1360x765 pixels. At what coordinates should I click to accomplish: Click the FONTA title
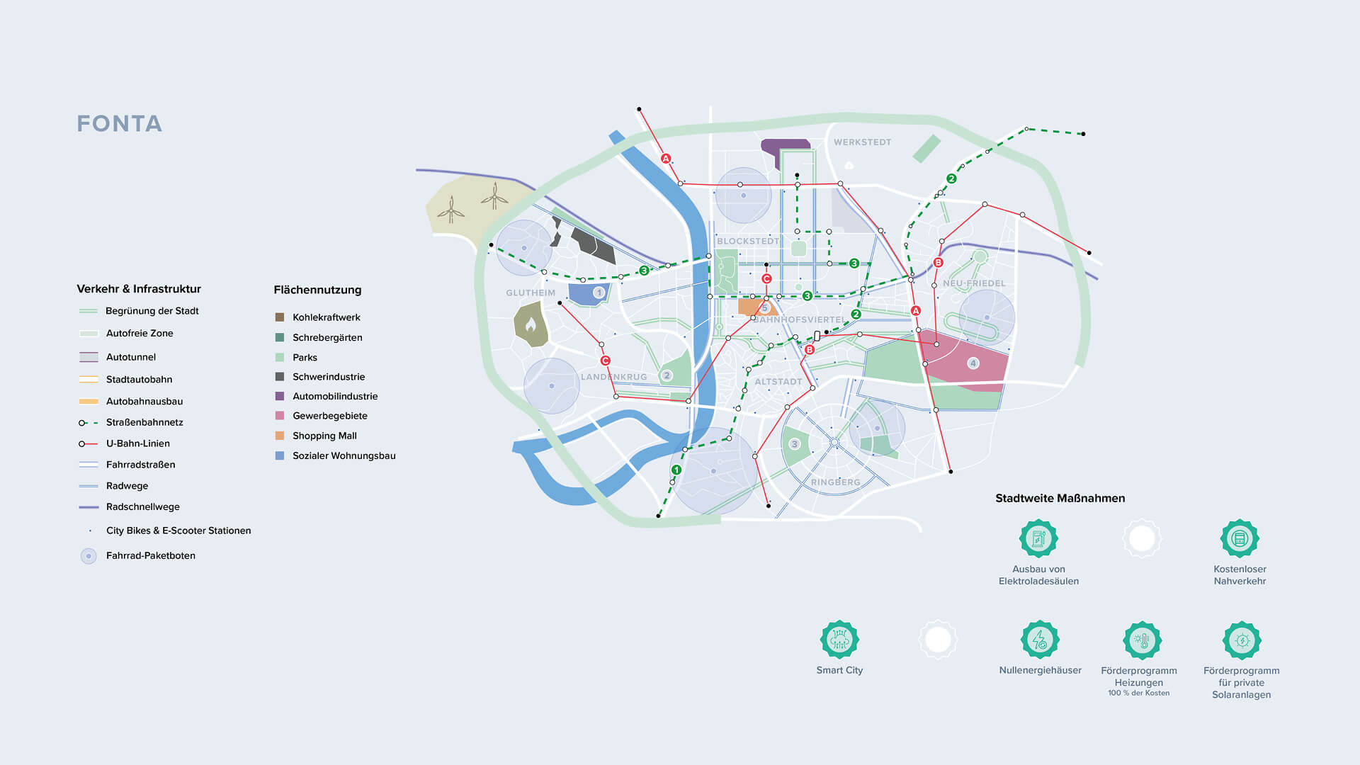pyautogui.click(x=120, y=124)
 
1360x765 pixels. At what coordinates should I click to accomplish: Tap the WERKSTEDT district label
pyautogui.click(x=862, y=142)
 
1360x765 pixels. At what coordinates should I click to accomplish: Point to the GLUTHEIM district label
pyautogui.click(x=531, y=293)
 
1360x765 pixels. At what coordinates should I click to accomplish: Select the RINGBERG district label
pyautogui.click(x=836, y=482)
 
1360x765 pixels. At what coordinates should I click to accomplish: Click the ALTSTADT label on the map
pyautogui.click(x=778, y=382)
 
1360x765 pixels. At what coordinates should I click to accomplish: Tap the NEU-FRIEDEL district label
pyautogui.click(x=974, y=283)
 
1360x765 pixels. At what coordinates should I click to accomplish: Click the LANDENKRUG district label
pyautogui.click(x=613, y=377)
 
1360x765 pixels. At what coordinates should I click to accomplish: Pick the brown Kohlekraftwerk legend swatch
pyautogui.click(x=280, y=317)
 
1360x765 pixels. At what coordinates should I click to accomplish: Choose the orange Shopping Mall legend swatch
pyautogui.click(x=280, y=436)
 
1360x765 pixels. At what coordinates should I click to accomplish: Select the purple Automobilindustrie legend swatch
pyautogui.click(x=280, y=396)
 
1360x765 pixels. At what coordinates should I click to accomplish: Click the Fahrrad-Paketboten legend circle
pyautogui.click(x=89, y=556)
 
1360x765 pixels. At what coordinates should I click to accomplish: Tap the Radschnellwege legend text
pyautogui.click(x=143, y=507)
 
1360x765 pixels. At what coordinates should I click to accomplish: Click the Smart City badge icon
pyautogui.click(x=839, y=640)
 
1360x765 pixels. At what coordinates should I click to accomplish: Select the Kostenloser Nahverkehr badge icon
pyautogui.click(x=1240, y=539)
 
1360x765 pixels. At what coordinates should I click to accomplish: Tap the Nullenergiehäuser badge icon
pyautogui.click(x=1040, y=640)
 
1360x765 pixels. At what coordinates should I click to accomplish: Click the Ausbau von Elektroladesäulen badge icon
pyautogui.click(x=1038, y=539)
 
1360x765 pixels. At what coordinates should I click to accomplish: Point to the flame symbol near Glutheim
pyautogui.click(x=531, y=324)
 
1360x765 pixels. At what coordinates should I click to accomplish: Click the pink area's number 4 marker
pyautogui.click(x=973, y=363)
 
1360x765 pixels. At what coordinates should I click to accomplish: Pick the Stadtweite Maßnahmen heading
pyautogui.click(x=1060, y=499)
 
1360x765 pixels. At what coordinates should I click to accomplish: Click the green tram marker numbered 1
pyautogui.click(x=676, y=470)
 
